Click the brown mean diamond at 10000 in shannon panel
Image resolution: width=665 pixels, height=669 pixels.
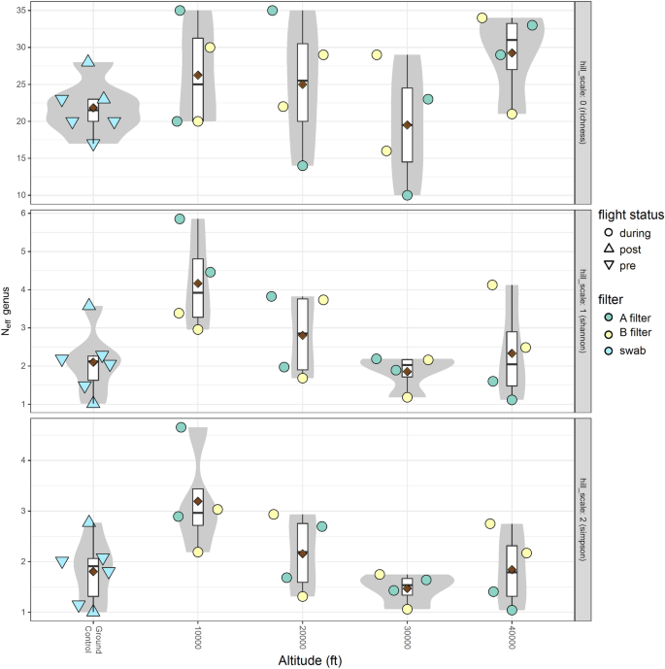(x=198, y=284)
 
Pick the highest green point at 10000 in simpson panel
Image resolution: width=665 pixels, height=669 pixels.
(x=181, y=427)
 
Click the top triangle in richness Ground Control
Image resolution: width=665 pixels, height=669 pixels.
(x=88, y=61)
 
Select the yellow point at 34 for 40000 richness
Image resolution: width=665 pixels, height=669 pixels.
(x=482, y=17)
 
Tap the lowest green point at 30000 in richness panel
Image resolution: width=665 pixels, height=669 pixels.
(x=407, y=195)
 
